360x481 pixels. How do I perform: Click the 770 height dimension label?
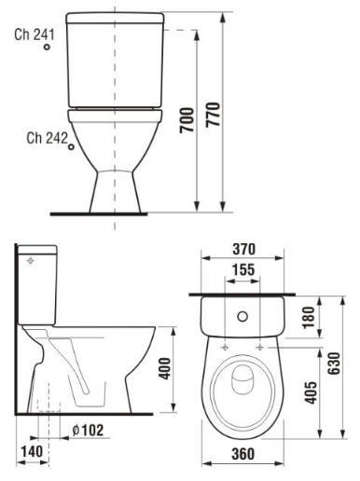coord(213,114)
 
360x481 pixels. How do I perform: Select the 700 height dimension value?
coord(187,120)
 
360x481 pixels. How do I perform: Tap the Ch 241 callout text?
coord(35,34)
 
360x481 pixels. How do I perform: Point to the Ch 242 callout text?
coord(47,138)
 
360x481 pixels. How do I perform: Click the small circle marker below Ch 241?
coord(47,47)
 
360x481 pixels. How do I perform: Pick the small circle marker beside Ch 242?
coord(72,146)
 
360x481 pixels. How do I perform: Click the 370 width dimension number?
coord(244,249)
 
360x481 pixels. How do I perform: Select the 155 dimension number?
coord(243,269)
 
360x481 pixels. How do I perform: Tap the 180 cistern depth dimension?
coord(309,318)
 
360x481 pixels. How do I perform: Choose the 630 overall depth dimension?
coord(335,364)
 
